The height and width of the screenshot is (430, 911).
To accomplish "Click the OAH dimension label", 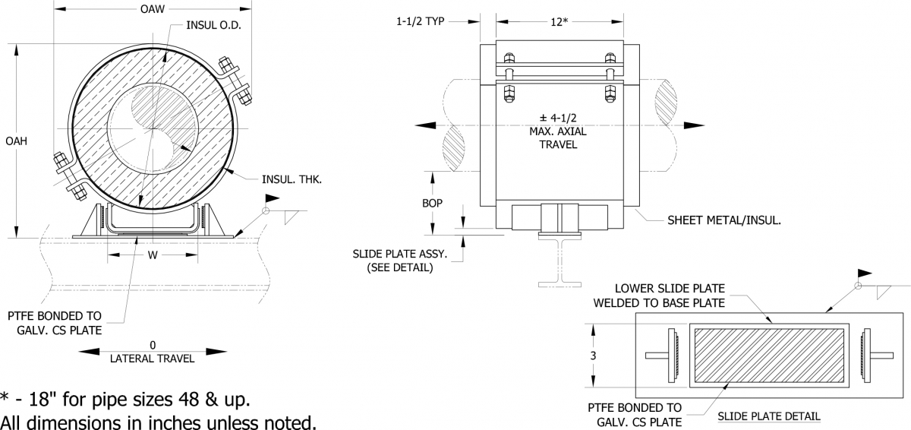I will click(17, 141).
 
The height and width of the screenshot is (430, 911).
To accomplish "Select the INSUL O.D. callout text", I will click(215, 25).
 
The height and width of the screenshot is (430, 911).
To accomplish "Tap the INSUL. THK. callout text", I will click(292, 179).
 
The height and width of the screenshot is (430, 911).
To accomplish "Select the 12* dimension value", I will click(559, 22).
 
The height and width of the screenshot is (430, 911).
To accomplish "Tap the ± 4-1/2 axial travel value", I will click(559, 119).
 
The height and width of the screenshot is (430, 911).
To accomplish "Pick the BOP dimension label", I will click(432, 204).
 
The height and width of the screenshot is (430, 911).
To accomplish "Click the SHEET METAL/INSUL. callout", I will click(724, 220).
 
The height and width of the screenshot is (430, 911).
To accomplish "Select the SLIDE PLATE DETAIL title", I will click(768, 416).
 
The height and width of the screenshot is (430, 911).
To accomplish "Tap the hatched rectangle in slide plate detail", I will click(769, 356).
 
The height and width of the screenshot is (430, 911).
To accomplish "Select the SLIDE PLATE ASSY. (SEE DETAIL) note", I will click(399, 261).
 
